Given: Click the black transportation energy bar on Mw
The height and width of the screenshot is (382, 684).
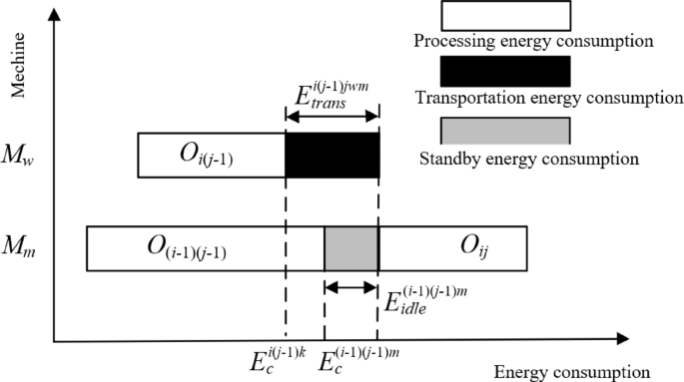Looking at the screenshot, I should pyautogui.click(x=332, y=155).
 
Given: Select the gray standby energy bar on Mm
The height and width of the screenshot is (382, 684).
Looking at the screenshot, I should pyautogui.click(x=350, y=248).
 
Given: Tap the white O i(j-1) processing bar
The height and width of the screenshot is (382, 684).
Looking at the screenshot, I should pyautogui.click(x=212, y=155).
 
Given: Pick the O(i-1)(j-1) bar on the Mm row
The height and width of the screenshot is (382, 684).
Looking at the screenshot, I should pyautogui.click(x=205, y=248).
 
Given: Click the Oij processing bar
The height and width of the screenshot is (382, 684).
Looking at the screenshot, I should pyautogui.click(x=452, y=248).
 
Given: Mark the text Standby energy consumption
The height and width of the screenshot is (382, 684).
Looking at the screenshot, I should pyautogui.click(x=525, y=157).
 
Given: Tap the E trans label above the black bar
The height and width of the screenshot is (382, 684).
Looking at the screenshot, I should pyautogui.click(x=334, y=95).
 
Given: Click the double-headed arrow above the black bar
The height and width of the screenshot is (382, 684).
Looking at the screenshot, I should pyautogui.click(x=332, y=118).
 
